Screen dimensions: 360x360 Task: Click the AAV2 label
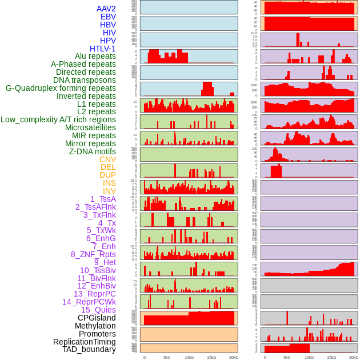point(106,9)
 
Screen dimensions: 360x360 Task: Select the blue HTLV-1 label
point(103,49)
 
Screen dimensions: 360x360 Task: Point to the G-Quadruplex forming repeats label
point(61,88)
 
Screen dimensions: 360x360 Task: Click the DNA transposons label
point(85,80)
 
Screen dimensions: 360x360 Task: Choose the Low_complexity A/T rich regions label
point(58,119)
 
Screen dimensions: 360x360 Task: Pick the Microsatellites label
point(90,127)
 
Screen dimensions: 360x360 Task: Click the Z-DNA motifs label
point(93,151)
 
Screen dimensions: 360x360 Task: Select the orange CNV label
point(107,159)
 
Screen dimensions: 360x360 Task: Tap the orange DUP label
point(107,175)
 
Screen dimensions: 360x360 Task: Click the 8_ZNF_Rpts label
point(93,254)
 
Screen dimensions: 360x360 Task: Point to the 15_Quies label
point(98,310)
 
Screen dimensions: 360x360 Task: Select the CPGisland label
point(97,318)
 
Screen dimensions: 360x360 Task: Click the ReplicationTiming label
point(84,342)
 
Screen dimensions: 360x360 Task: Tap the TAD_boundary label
point(89,349)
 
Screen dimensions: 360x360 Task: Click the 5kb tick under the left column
point(167,357)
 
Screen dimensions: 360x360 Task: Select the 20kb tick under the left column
point(234,357)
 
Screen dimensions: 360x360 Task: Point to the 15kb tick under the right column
point(331,357)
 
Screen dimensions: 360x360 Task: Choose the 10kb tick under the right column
point(309,357)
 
